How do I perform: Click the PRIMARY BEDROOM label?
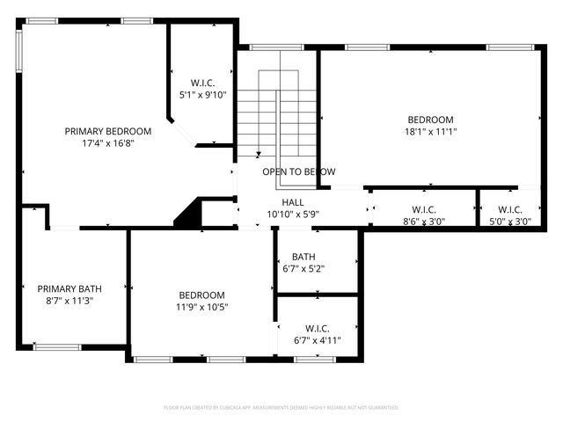click(103, 131)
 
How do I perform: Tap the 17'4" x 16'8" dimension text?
click(103, 142)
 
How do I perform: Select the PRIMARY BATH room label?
click(69, 288)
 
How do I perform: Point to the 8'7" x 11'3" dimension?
click(69, 300)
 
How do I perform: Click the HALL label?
click(293, 202)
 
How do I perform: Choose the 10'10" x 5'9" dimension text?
click(293, 214)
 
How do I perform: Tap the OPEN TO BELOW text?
click(298, 172)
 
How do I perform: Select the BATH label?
click(304, 258)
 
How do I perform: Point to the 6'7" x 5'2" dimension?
click(304, 269)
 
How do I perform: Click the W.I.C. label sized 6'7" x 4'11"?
click(318, 328)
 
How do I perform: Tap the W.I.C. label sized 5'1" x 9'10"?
click(203, 83)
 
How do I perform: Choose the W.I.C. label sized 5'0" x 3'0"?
click(510, 209)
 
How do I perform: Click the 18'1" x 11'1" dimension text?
click(430, 132)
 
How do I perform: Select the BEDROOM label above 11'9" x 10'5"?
click(201, 295)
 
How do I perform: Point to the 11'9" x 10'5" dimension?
click(201, 307)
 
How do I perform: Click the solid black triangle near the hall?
click(187, 215)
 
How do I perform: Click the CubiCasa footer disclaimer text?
click(281, 408)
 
